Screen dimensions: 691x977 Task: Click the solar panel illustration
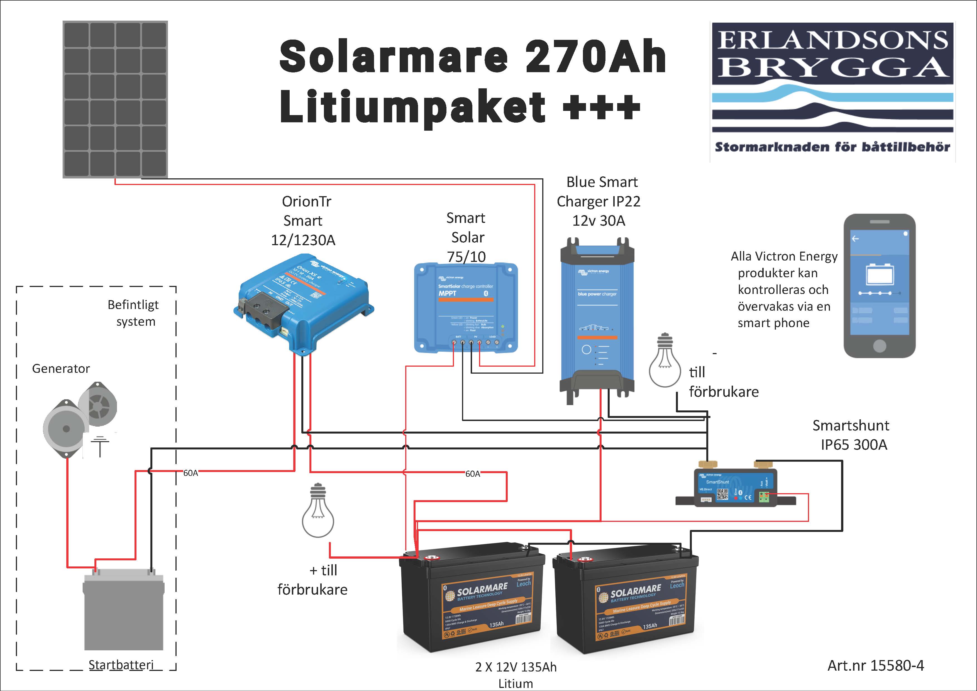pos(115,99)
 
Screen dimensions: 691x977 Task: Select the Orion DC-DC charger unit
pos(303,302)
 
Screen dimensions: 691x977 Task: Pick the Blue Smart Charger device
pos(597,319)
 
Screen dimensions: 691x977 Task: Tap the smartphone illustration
pos(880,285)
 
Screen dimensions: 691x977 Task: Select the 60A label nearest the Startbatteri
pos(190,473)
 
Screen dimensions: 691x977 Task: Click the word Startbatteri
pos(121,665)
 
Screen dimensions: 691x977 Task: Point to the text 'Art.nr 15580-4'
pos(875,665)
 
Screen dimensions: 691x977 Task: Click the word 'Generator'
pos(61,368)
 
